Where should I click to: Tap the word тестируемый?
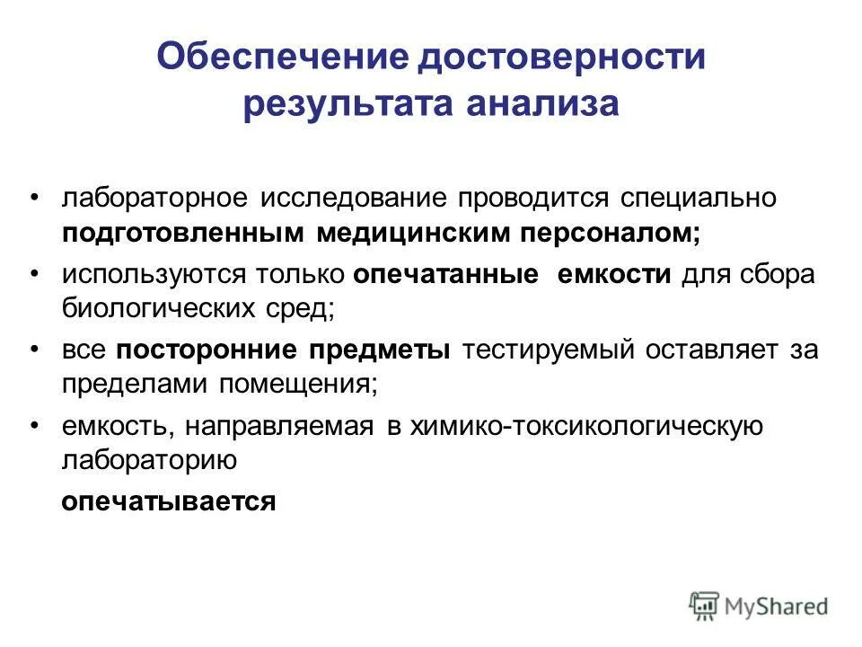(x=550, y=350)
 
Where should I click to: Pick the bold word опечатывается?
(x=167, y=501)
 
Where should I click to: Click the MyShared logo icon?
(x=705, y=607)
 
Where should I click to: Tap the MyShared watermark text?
(x=778, y=607)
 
